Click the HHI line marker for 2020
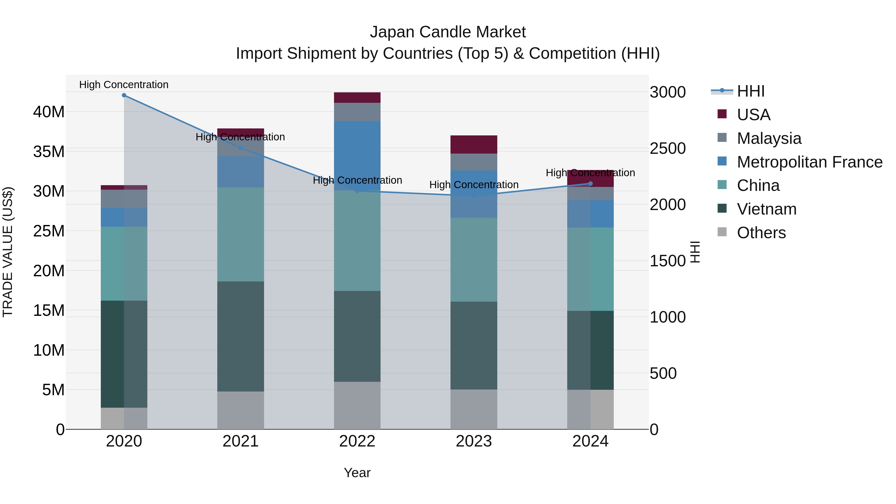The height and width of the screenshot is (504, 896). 124,95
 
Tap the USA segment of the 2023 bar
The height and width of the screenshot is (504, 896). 474,144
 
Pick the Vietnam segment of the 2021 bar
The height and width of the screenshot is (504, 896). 240,336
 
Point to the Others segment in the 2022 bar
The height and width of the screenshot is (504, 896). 357,406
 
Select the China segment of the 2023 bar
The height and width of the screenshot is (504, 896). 474,260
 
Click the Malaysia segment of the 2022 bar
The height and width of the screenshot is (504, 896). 357,112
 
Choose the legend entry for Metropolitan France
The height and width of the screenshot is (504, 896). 809,162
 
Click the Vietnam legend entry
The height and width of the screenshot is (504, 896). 766,209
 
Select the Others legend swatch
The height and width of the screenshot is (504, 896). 722,232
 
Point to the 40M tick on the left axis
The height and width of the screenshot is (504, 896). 49,112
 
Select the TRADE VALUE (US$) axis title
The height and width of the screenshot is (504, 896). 8,252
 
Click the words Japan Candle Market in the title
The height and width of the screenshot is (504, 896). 448,32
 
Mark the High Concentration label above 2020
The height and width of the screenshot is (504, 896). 124,85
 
